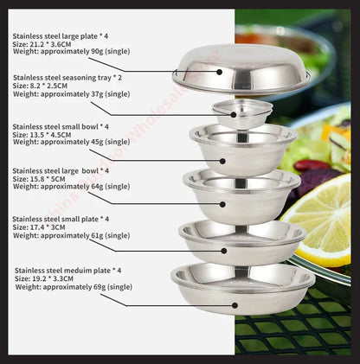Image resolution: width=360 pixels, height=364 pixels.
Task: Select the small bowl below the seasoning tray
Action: (x=242, y=148)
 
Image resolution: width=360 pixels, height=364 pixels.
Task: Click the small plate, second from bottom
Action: (x=241, y=241)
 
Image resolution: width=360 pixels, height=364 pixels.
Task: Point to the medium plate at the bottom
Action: (x=242, y=288)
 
